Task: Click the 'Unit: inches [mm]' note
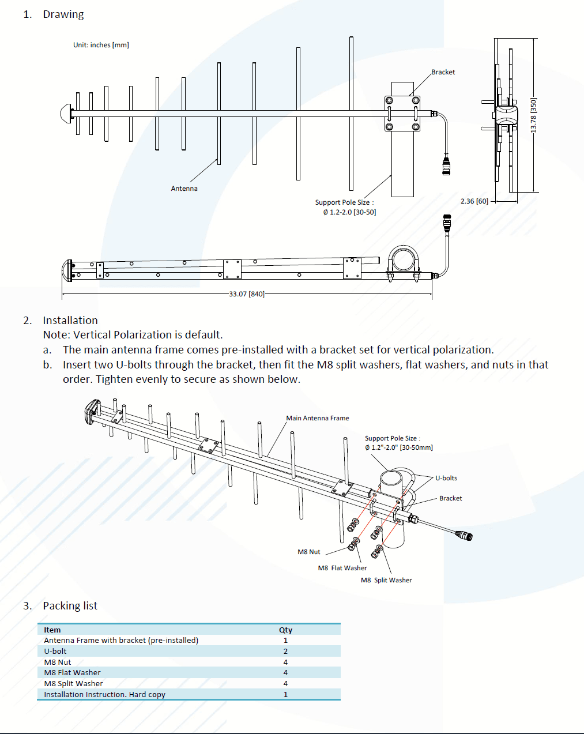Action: coord(101,45)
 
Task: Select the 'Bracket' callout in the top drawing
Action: coord(443,72)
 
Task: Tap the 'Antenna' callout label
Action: coord(184,189)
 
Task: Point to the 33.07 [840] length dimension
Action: coord(247,294)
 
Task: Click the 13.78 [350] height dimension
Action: coord(533,115)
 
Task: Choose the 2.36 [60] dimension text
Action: coord(474,201)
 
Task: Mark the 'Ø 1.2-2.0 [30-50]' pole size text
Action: coord(349,212)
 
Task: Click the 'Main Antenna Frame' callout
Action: coord(317,418)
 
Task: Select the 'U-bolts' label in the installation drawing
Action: coord(446,478)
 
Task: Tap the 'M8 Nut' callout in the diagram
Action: coord(308,552)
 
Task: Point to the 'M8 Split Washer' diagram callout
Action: coord(386,580)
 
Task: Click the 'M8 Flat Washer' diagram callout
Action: coord(342,568)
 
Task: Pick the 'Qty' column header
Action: coord(285,630)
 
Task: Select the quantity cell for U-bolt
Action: coord(285,651)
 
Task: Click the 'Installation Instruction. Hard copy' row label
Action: coord(104,694)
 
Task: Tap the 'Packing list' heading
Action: coord(70,605)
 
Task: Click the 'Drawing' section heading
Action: coord(63,14)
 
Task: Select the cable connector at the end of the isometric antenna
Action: coord(465,536)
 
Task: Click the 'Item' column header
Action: coord(52,630)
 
